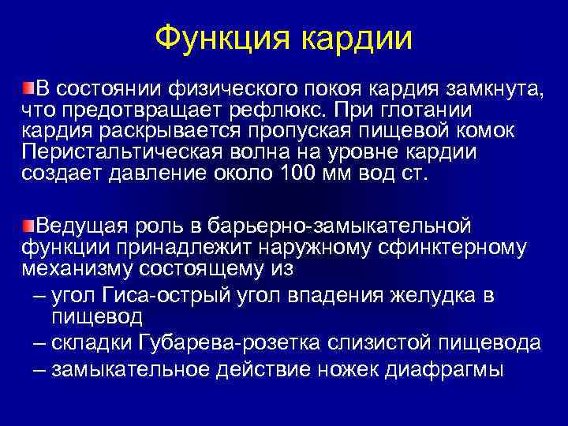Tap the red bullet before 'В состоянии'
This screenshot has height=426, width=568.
(x=28, y=85)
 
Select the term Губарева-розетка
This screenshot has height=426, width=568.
(x=218, y=344)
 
